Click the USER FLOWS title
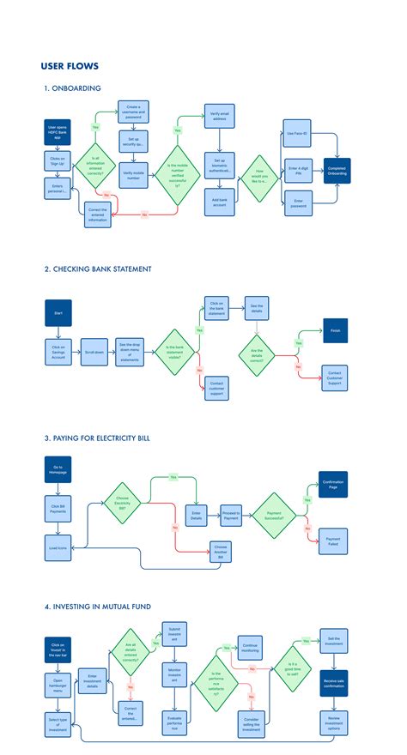(x=70, y=66)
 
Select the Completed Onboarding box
(x=337, y=171)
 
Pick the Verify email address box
(x=216, y=118)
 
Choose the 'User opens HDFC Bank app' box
(x=58, y=133)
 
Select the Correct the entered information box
(x=99, y=214)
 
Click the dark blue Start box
(x=58, y=313)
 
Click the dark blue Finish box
(x=334, y=330)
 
